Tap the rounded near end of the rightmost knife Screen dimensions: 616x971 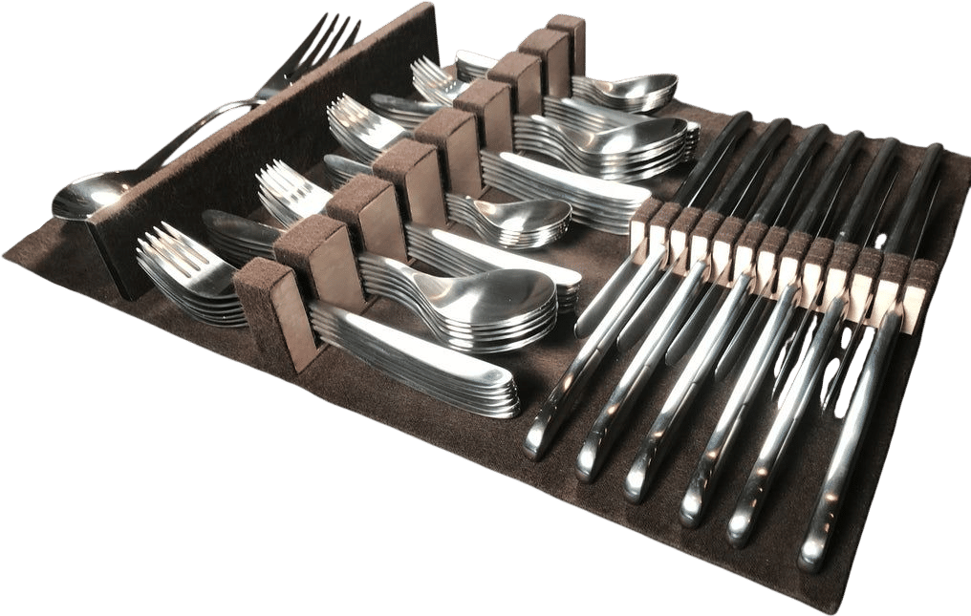pos(812,554)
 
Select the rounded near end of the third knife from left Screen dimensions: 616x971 pos(640,483)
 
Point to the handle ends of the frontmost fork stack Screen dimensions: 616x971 pos(421,377)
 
